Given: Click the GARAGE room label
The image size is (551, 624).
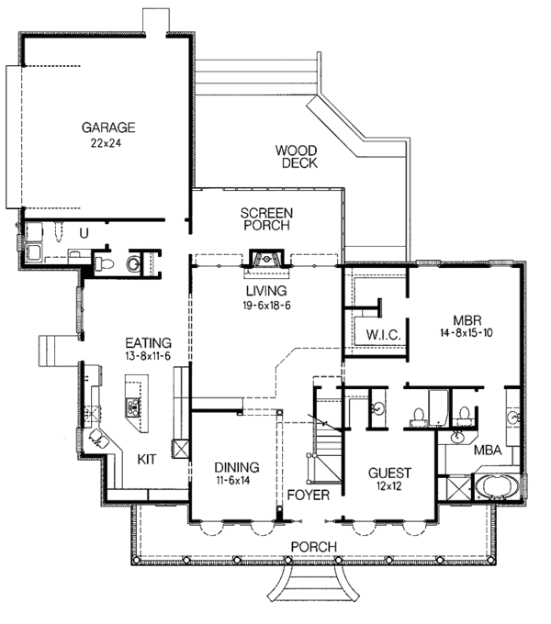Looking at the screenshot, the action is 108,128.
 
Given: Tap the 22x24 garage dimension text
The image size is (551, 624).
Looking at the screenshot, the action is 106,143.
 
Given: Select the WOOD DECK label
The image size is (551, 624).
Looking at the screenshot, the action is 297,156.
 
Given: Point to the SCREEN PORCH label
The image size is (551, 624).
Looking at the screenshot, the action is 266,219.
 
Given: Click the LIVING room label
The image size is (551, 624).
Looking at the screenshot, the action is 266,291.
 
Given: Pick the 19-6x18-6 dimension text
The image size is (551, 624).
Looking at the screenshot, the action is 266,306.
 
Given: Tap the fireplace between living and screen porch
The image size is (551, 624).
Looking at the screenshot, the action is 266,259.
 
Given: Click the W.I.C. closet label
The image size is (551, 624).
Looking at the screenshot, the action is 383,334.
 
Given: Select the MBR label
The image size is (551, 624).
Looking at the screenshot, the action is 467,320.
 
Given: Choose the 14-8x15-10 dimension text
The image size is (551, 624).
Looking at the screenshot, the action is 467,333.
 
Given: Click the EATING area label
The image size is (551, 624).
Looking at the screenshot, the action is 148,342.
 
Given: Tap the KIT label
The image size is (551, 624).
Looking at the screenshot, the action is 147,459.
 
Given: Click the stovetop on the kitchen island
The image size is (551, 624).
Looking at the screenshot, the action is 133,407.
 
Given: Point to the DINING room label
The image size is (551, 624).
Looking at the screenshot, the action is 237,467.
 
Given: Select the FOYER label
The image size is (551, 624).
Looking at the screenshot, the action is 309,495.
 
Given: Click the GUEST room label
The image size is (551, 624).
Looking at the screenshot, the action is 389,473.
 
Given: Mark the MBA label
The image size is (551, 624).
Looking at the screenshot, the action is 488,450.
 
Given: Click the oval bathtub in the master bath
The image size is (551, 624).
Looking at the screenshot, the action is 497,486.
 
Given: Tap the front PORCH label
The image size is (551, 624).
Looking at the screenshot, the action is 314,546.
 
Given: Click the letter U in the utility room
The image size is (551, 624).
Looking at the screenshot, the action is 84,233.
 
